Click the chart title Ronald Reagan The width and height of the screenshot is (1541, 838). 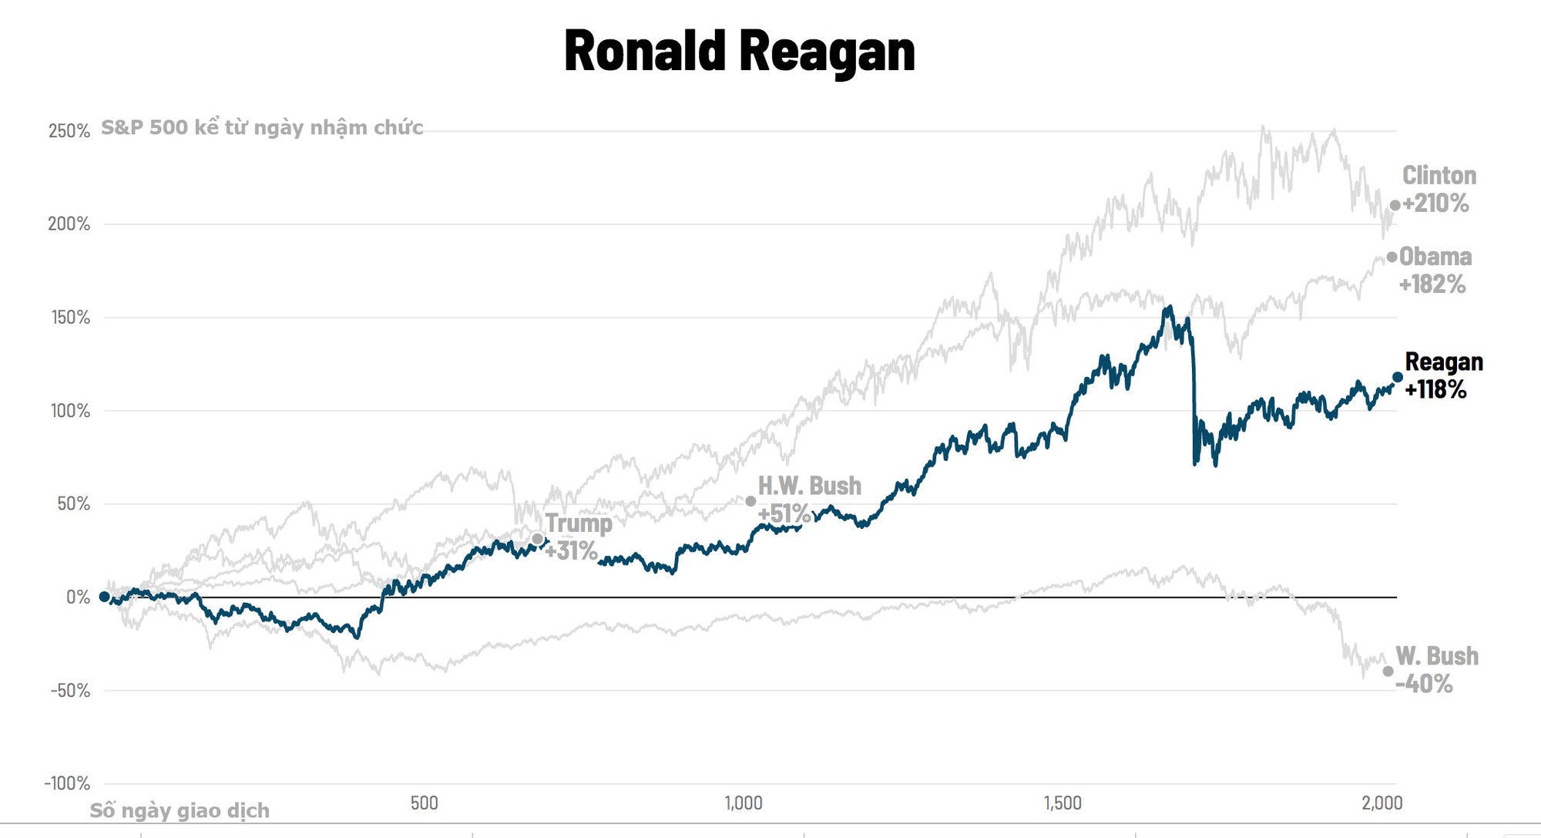point(739,51)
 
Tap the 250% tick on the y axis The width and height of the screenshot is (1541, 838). point(69,131)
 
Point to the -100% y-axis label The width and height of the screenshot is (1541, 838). point(67,783)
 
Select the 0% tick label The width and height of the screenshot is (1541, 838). point(78,597)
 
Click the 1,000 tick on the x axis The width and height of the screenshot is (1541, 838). point(744,803)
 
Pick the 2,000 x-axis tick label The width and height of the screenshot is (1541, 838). point(1382,803)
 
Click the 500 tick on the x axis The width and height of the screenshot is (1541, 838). point(424,803)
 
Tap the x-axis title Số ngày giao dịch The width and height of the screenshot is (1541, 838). point(180,810)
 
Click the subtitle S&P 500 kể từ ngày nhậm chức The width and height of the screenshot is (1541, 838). point(262,127)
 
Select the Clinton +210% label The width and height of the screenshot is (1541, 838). point(1438,189)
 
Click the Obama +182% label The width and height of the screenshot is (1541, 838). point(1435,270)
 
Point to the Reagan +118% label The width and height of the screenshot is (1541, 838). point(1442,375)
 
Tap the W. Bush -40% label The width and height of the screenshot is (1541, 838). point(1436,669)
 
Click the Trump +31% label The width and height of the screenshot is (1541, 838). point(578,537)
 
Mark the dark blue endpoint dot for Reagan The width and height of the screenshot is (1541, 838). point(1398,377)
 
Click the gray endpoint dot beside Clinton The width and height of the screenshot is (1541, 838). point(1395,205)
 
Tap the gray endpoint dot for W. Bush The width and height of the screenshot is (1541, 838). point(1388,671)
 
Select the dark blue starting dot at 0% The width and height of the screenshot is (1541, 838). point(104,597)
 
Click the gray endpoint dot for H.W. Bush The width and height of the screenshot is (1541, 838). point(750,501)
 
